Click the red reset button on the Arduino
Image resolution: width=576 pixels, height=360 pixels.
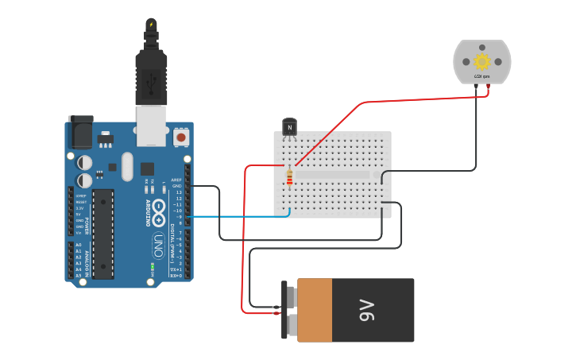(x=181, y=137)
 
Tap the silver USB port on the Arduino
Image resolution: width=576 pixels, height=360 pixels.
(x=151, y=124)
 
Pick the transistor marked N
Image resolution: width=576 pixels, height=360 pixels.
(x=289, y=126)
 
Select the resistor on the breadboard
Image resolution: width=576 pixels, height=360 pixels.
(x=289, y=179)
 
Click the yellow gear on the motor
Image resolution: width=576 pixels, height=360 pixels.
(x=481, y=61)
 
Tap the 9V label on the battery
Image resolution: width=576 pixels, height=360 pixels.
(x=366, y=310)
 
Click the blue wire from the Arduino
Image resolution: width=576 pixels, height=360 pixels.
(x=238, y=215)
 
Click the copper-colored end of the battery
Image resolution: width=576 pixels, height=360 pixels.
(x=315, y=310)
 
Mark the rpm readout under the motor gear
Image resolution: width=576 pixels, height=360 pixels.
(x=481, y=76)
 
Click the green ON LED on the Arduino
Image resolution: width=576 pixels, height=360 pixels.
(x=150, y=281)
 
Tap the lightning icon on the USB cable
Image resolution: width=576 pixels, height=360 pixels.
(x=151, y=25)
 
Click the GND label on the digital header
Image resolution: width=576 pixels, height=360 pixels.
(x=176, y=186)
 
